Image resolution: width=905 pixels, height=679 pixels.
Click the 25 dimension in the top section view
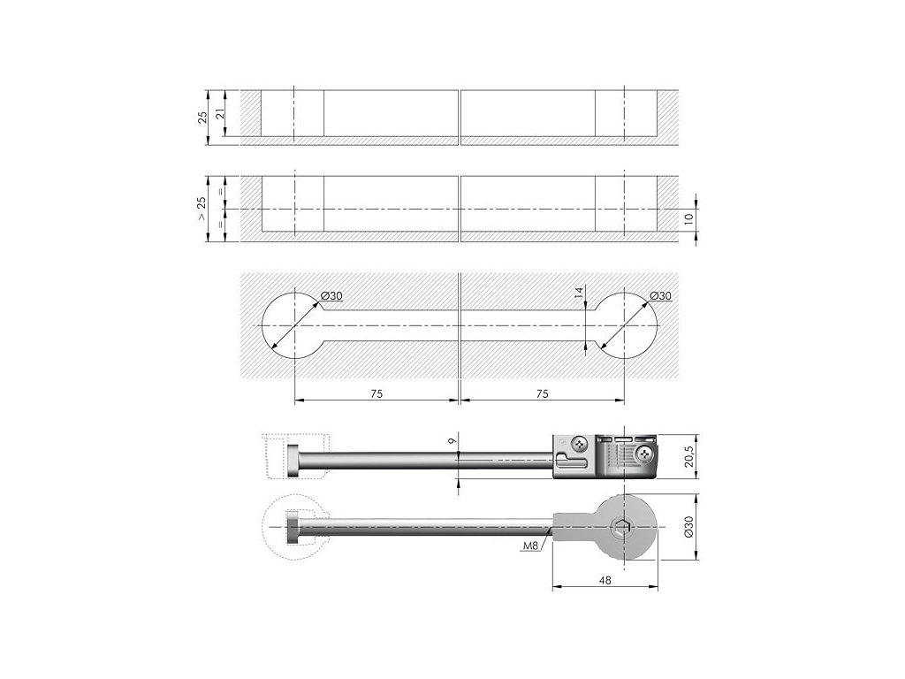tap(203, 115)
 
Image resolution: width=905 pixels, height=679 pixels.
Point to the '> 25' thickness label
tap(203, 209)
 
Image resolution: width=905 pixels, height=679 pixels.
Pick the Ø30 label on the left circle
tap(331, 295)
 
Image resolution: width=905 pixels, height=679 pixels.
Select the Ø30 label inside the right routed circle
tap(659, 295)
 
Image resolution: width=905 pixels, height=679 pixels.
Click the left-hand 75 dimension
tap(376, 393)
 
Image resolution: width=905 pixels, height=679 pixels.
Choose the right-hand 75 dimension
tap(543, 393)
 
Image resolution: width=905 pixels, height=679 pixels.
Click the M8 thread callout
tap(530, 546)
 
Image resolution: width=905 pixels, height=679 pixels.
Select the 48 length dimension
tap(605, 581)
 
